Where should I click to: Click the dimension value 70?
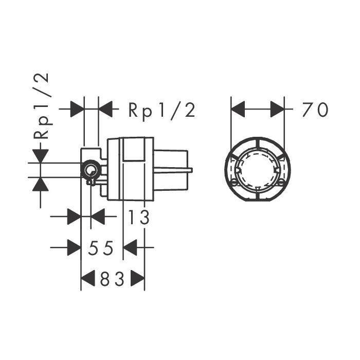tap(315, 110)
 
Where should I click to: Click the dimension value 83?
tap(112, 279)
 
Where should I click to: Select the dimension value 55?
tap(101, 248)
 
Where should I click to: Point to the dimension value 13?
tap(138, 217)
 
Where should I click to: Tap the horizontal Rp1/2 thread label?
tap(162, 111)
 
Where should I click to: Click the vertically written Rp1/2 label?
tap(41, 106)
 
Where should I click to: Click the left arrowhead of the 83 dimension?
tap(88, 278)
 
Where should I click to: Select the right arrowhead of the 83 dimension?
tap(137, 278)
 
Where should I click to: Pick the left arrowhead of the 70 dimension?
tap(238, 109)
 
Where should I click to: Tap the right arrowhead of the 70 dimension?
tap(278, 109)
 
